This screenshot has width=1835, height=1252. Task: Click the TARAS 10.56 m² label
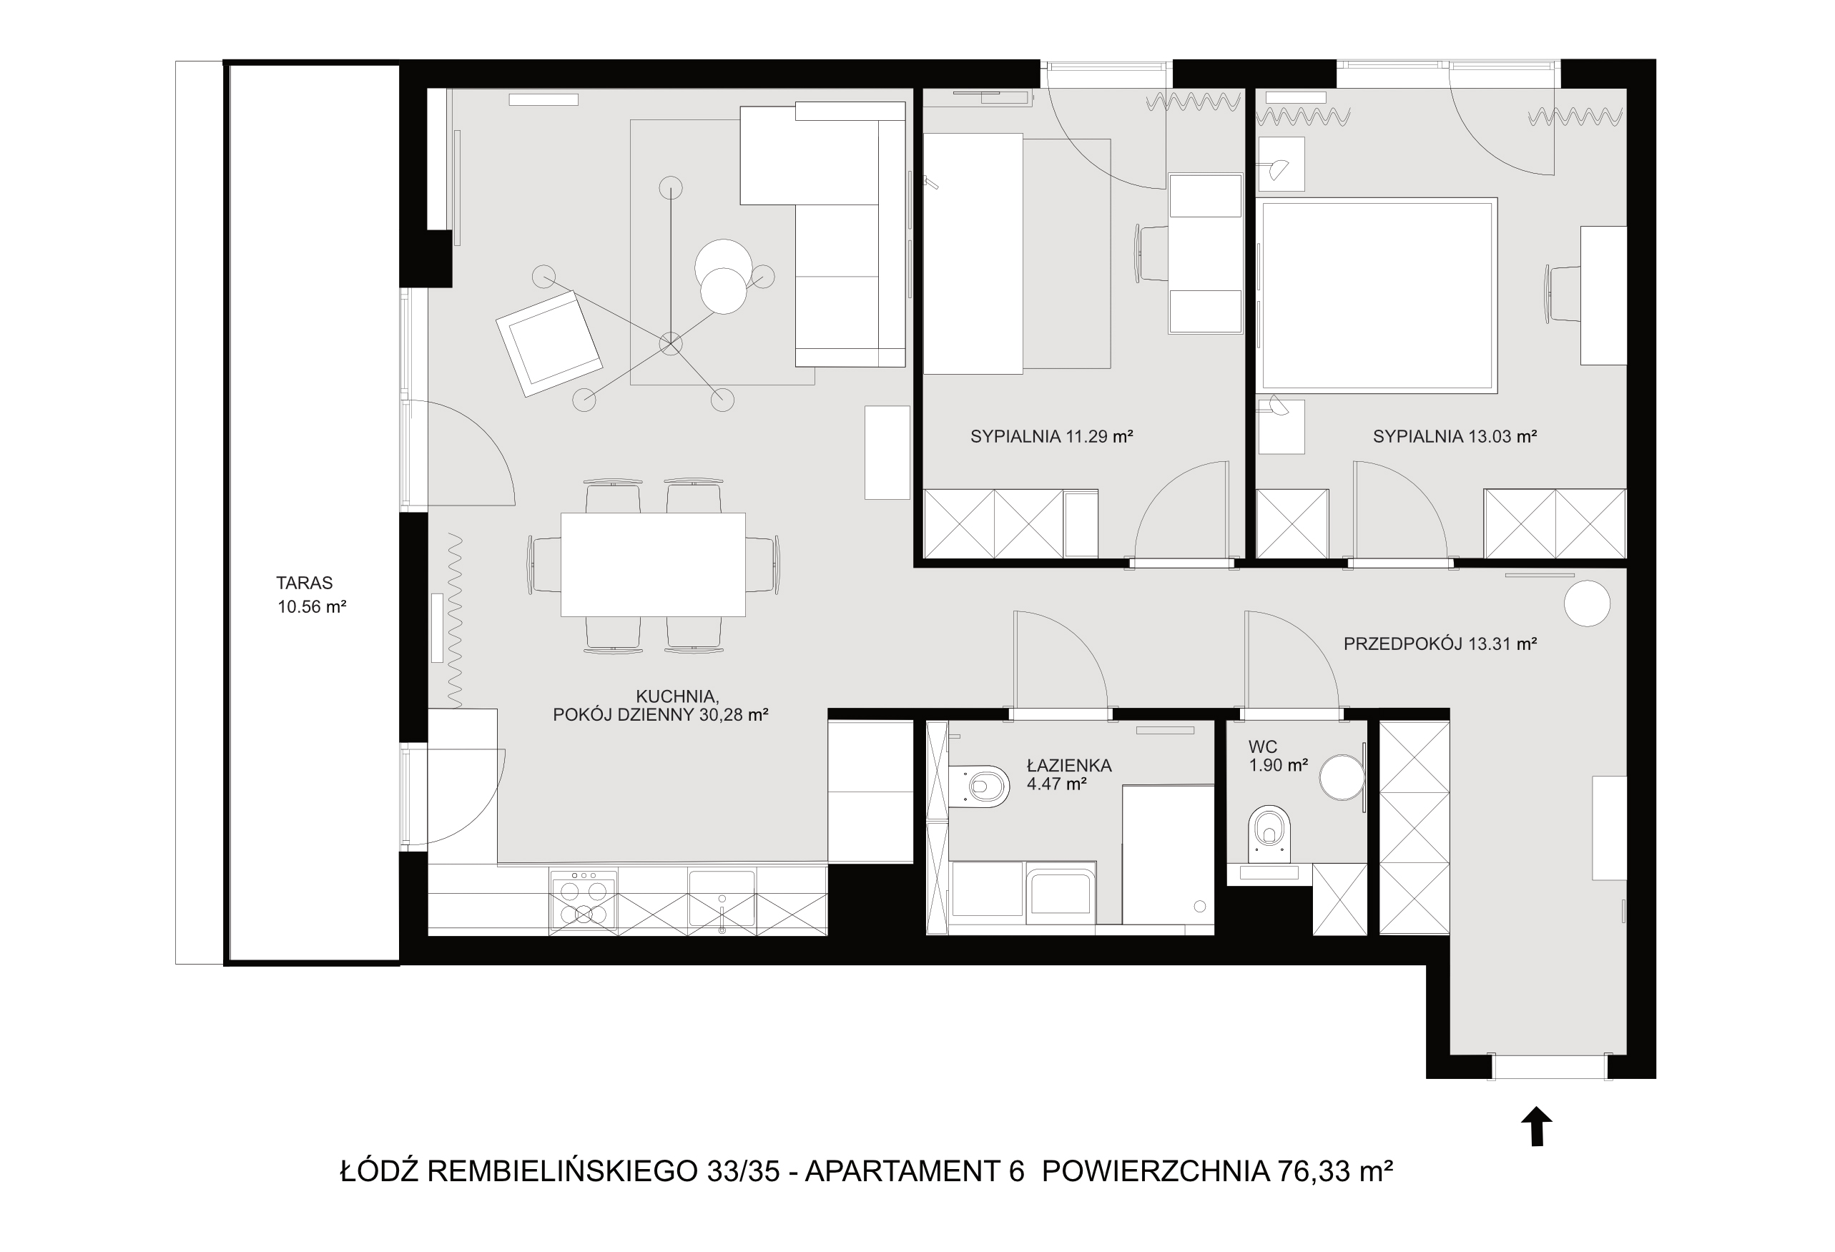pos(311,595)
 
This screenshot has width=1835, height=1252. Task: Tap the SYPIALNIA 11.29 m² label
pos(1052,435)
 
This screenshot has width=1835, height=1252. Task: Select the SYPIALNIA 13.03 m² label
pos(1455,435)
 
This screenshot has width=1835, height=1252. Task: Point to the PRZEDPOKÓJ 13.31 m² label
pos(1440,644)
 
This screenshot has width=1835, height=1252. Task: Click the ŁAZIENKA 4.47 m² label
pos(1068,774)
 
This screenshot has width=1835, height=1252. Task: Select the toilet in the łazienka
pos(979,787)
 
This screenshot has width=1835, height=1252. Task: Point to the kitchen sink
pos(721,898)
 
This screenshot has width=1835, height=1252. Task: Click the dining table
pos(653,564)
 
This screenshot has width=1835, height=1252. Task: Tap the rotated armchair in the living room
pos(549,343)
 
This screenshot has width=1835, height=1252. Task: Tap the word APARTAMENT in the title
pos(904,1170)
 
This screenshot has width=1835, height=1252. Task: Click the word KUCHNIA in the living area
pos(677,696)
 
